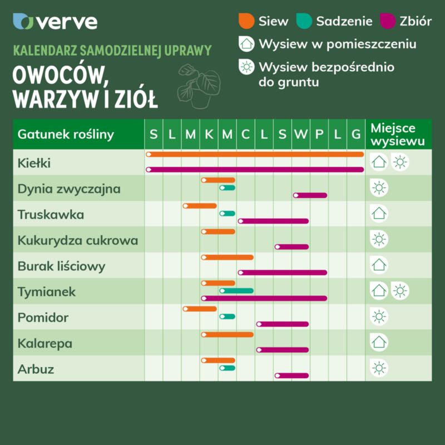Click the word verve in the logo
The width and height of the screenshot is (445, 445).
(x=67, y=22)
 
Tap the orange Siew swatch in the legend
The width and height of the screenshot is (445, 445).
(x=246, y=21)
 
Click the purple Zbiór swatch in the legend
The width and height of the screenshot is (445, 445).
(x=387, y=21)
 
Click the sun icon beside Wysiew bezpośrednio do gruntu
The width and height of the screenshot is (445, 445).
(x=245, y=67)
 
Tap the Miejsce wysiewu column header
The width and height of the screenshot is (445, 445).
(x=397, y=135)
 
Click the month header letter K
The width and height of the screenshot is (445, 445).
(x=209, y=134)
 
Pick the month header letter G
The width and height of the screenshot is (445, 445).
(x=356, y=134)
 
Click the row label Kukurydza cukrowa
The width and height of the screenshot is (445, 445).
(x=77, y=241)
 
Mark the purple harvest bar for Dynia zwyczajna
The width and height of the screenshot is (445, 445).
(x=310, y=195)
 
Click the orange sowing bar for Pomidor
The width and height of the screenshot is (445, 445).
(x=200, y=309)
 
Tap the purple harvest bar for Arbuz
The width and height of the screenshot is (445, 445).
(x=291, y=375)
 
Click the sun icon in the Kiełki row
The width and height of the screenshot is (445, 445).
(x=400, y=162)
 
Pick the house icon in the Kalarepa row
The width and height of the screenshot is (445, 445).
(x=379, y=342)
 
